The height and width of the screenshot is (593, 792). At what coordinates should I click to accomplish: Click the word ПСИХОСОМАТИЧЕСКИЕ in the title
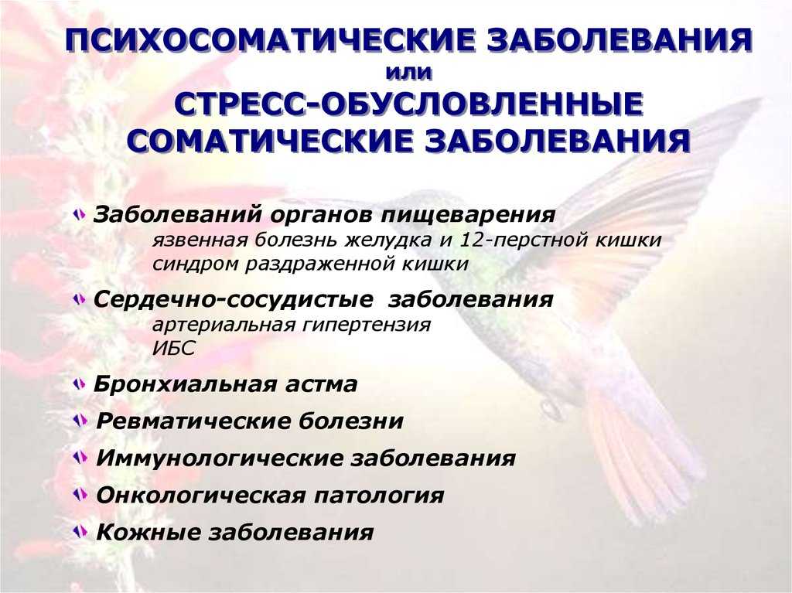click(x=271, y=40)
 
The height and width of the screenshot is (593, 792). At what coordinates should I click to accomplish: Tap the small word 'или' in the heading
click(x=409, y=73)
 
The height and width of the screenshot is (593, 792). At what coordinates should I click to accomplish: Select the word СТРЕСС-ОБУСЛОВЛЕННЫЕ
click(x=409, y=105)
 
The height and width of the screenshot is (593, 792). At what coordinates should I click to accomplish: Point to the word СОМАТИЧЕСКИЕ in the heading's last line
click(x=273, y=141)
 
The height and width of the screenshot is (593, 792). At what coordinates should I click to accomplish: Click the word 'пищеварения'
click(x=468, y=215)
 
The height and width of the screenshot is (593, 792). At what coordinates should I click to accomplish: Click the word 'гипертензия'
click(x=367, y=325)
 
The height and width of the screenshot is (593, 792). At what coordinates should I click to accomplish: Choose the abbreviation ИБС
click(x=173, y=349)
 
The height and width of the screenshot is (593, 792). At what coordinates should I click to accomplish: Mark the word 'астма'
click(x=321, y=385)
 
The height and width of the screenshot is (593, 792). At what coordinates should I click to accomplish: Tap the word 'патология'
click(x=379, y=496)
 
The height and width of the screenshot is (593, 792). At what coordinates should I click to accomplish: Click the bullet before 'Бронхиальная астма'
click(x=79, y=384)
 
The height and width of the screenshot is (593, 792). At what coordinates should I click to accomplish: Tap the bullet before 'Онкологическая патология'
click(x=80, y=495)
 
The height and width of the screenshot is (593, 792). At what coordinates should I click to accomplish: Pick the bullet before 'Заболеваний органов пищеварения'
click(x=79, y=215)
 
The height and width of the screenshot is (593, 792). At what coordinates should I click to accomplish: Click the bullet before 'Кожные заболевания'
click(x=80, y=531)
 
